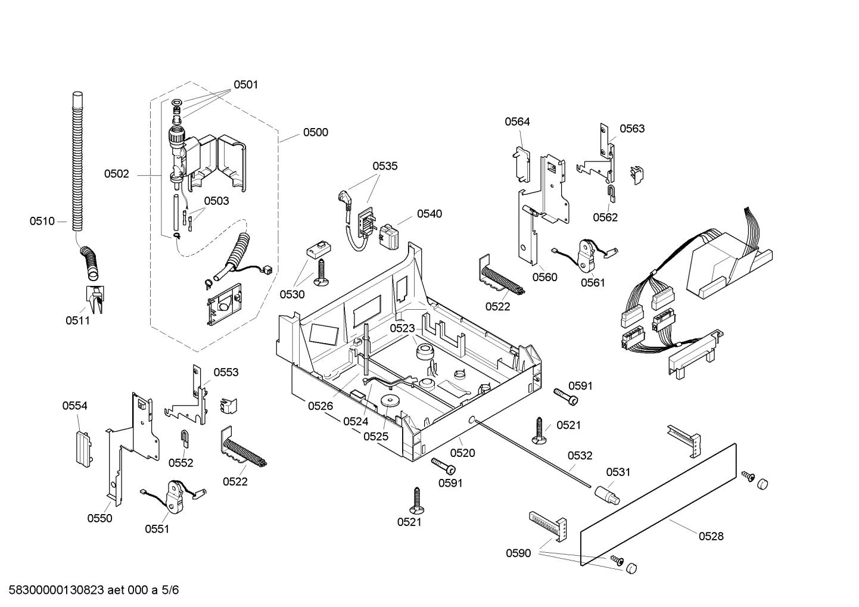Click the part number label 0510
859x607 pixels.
point(42,222)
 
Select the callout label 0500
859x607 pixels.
point(315,132)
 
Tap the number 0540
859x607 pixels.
point(429,214)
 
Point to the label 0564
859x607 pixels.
point(517,122)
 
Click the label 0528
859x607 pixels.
point(711,536)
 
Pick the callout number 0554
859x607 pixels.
point(74,406)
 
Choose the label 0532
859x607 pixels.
point(580,456)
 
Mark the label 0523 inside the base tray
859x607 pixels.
point(402,328)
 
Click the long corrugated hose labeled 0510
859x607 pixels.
point(78,161)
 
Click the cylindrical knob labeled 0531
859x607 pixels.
point(606,494)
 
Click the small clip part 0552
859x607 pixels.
point(185,438)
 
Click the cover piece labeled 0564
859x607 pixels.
point(521,162)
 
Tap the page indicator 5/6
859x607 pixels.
point(170,590)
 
